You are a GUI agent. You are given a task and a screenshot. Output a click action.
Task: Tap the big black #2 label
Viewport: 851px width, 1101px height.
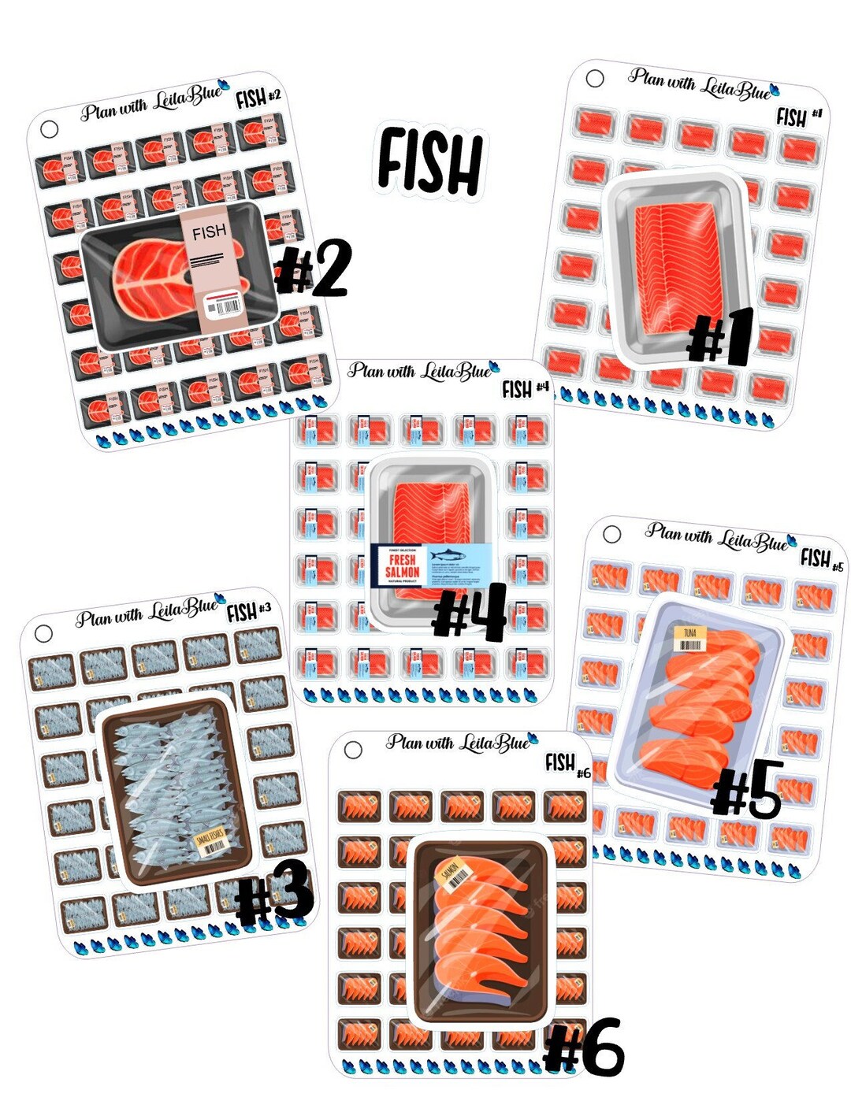coord(313,269)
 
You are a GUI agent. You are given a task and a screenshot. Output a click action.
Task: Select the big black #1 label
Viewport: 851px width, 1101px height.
coord(721,337)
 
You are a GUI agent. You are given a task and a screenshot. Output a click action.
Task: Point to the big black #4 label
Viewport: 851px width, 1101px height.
coord(470,611)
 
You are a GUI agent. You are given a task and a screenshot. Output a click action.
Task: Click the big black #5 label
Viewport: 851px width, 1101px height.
coord(746,788)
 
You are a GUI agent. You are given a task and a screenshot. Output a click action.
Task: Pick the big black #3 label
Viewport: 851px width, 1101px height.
coord(275,894)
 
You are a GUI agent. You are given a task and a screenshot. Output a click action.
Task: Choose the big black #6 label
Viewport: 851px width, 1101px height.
coord(584,1047)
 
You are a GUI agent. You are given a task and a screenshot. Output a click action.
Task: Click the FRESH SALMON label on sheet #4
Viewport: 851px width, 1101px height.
coord(402,565)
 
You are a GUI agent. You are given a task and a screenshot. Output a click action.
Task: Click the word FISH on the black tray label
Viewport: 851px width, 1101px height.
coord(209,232)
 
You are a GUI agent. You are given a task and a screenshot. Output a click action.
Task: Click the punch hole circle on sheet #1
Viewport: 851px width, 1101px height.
coord(595,78)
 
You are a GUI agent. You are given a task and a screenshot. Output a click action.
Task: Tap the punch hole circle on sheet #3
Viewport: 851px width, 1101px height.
coord(43,633)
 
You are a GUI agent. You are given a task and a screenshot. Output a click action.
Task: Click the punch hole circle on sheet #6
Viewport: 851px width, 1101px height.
coord(353,749)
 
